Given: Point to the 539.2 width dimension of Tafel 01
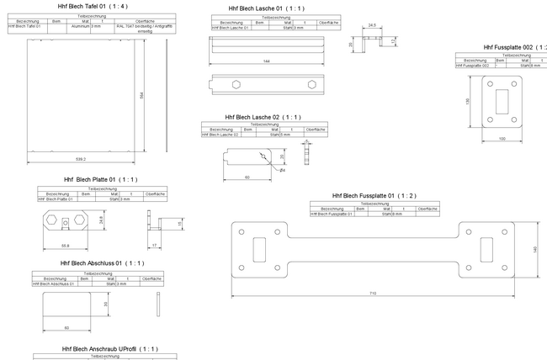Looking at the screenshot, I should click(81, 159).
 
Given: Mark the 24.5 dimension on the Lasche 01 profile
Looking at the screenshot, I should click(371, 26).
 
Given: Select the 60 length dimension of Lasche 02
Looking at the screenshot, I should click(247, 177).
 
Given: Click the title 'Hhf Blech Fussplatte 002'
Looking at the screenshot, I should click(514, 47).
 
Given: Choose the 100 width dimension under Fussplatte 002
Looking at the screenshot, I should click(502, 137).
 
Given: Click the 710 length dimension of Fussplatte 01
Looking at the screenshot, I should click(373, 293).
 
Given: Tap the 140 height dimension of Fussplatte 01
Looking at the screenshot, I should click(535, 249).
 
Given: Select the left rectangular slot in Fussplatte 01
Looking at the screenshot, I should click(260, 250).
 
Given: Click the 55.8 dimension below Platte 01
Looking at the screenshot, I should click(65, 245).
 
